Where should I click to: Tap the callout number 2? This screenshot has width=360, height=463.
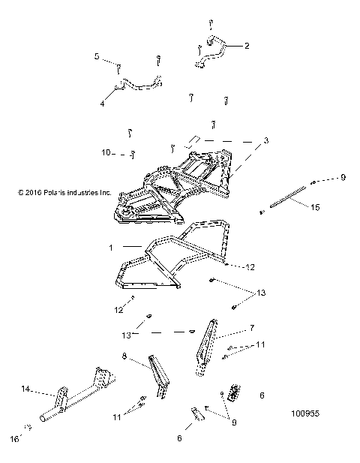[x=247, y=45]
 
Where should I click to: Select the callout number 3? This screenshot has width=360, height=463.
[x=244, y=140]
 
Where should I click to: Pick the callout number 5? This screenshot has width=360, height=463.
[x=97, y=56]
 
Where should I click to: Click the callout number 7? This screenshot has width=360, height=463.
[x=252, y=329]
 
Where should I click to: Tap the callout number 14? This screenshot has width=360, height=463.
[x=25, y=389]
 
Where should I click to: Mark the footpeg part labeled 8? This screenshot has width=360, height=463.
[x=157, y=375]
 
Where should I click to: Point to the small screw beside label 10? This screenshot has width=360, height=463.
[x=132, y=155]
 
